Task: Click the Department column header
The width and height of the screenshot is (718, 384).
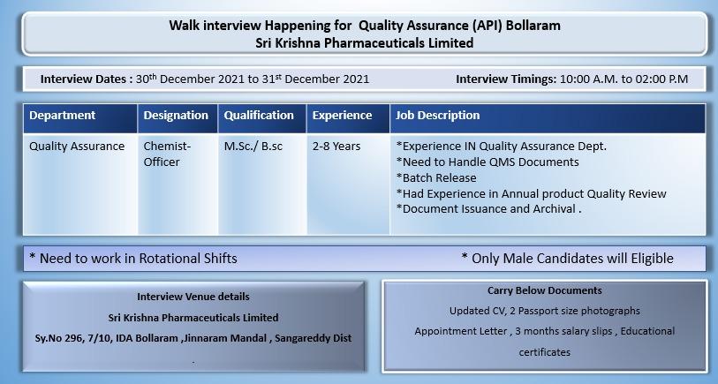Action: [63, 116]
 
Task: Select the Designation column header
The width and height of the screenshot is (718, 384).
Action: [176, 116]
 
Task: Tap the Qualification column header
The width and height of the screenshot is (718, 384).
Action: [259, 116]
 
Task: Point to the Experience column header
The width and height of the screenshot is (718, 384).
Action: [342, 116]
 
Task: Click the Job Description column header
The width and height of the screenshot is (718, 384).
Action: [438, 116]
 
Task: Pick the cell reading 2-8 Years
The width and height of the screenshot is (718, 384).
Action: [336, 147]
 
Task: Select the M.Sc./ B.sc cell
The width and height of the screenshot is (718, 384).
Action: [253, 147]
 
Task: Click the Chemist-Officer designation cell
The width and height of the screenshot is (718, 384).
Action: [167, 154]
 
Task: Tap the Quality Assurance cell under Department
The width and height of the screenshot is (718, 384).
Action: [77, 147]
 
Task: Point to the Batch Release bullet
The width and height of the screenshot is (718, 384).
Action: [436, 177]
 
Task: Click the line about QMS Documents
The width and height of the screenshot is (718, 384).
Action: [487, 162]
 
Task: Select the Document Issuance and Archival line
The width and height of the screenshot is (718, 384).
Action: [488, 209]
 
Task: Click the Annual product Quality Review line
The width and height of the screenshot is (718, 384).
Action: [531, 193]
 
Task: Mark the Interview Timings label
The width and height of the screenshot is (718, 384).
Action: [506, 79]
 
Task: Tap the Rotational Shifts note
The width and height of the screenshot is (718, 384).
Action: [133, 259]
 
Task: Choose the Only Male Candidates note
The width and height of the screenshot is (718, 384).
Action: [568, 259]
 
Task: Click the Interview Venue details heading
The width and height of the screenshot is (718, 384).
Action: [193, 297]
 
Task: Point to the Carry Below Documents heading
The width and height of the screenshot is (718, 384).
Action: [545, 290]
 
